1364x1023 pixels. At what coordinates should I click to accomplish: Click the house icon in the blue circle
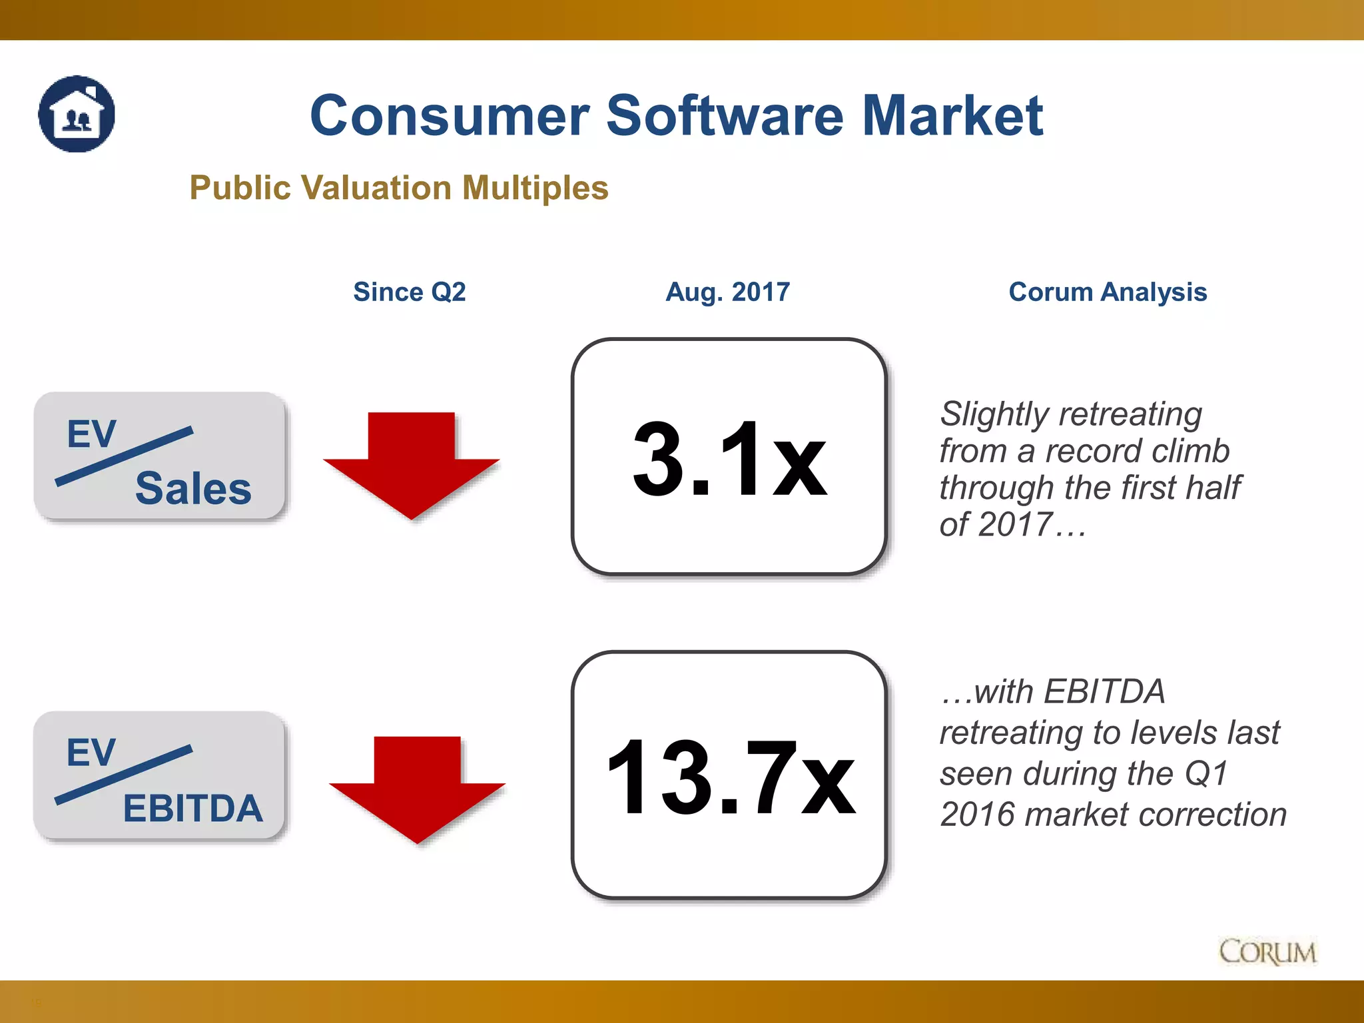[77, 114]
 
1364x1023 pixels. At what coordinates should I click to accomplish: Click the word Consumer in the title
[450, 116]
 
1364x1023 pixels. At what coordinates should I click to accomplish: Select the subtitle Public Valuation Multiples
[399, 188]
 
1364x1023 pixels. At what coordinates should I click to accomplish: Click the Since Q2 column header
[409, 292]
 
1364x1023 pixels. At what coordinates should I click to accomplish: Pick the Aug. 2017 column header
[727, 292]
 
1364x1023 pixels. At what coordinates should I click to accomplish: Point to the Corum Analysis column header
[1108, 292]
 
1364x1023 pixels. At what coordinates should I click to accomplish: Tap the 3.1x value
[729, 460]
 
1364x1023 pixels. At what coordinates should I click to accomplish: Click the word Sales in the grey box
[193, 488]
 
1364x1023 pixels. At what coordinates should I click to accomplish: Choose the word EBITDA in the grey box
[193, 809]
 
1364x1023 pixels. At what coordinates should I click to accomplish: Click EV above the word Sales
[92, 434]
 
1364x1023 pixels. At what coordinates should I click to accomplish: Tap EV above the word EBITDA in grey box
[91, 753]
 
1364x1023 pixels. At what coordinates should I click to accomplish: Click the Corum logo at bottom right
[1267, 952]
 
